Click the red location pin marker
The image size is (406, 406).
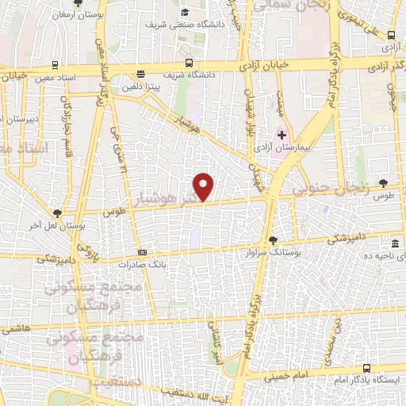point(205,186)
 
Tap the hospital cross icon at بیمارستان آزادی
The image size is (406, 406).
point(282,136)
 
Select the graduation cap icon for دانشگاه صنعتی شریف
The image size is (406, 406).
point(185,13)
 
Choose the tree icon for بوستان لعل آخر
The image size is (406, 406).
point(57,213)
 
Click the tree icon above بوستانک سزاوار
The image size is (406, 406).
point(274,239)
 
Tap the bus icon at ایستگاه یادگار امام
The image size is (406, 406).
point(366,368)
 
